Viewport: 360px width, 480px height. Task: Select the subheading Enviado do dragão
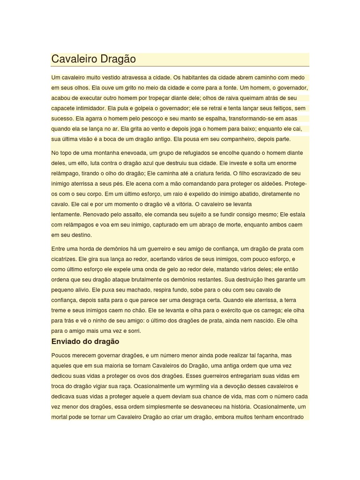coord(85,341)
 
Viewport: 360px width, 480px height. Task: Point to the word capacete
coord(64,108)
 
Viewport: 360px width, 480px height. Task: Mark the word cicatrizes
coord(64,259)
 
